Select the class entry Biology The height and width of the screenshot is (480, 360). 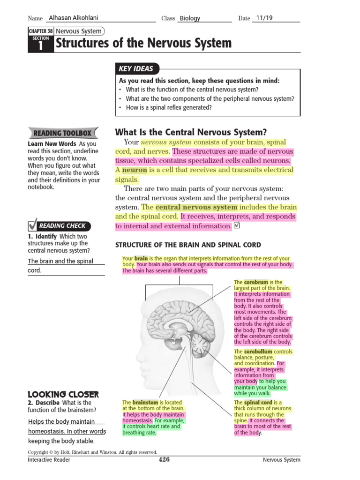tap(190, 18)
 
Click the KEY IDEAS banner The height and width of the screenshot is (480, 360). tap(136, 69)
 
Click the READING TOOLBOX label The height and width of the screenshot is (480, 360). tap(62, 134)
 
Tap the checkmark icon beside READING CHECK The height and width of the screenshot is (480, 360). tap(32, 225)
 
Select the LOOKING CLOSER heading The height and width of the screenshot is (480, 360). tap(63, 395)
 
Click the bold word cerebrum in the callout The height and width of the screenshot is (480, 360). tap(256, 283)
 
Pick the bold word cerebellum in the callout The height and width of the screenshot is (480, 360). tap(258, 352)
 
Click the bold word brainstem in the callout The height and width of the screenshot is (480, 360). tap(145, 403)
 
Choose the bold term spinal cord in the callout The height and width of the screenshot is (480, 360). tap(258, 403)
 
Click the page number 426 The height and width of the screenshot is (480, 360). tap(164, 460)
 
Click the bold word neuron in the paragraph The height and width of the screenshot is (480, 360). tap(135, 170)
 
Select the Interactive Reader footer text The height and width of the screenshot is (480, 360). tap(49, 460)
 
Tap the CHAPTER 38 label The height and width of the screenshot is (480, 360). tap(41, 31)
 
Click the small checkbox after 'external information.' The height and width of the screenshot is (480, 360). tap(236, 226)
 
